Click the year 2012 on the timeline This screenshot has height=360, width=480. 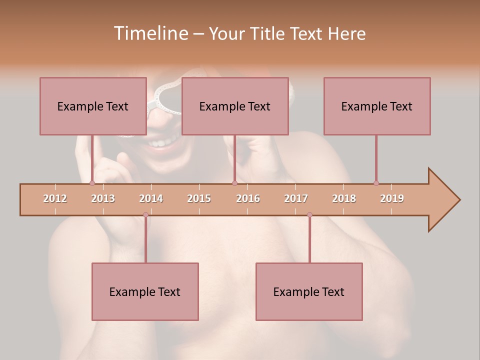click(55, 198)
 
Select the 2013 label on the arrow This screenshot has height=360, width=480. click(103, 198)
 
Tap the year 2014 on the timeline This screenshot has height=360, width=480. click(151, 198)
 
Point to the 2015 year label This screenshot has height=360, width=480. click(199, 198)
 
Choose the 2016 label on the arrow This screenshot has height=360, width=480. click(248, 198)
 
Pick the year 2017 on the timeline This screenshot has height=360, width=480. click(296, 198)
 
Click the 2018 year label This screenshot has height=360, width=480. click(344, 198)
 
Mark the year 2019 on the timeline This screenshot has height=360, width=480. click(392, 198)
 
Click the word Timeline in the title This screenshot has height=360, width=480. click(150, 33)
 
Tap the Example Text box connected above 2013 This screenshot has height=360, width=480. click(93, 106)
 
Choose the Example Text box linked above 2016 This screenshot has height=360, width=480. click(235, 106)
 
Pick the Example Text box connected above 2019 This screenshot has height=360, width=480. click(377, 106)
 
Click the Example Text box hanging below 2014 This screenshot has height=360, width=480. click(145, 291)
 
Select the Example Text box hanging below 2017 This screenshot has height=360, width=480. click(309, 291)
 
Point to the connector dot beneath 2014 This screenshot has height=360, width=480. click(145, 214)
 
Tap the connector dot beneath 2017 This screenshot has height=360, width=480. click(309, 214)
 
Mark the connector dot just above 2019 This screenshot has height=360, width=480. click(376, 183)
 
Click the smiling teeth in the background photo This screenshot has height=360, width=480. click(159, 143)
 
